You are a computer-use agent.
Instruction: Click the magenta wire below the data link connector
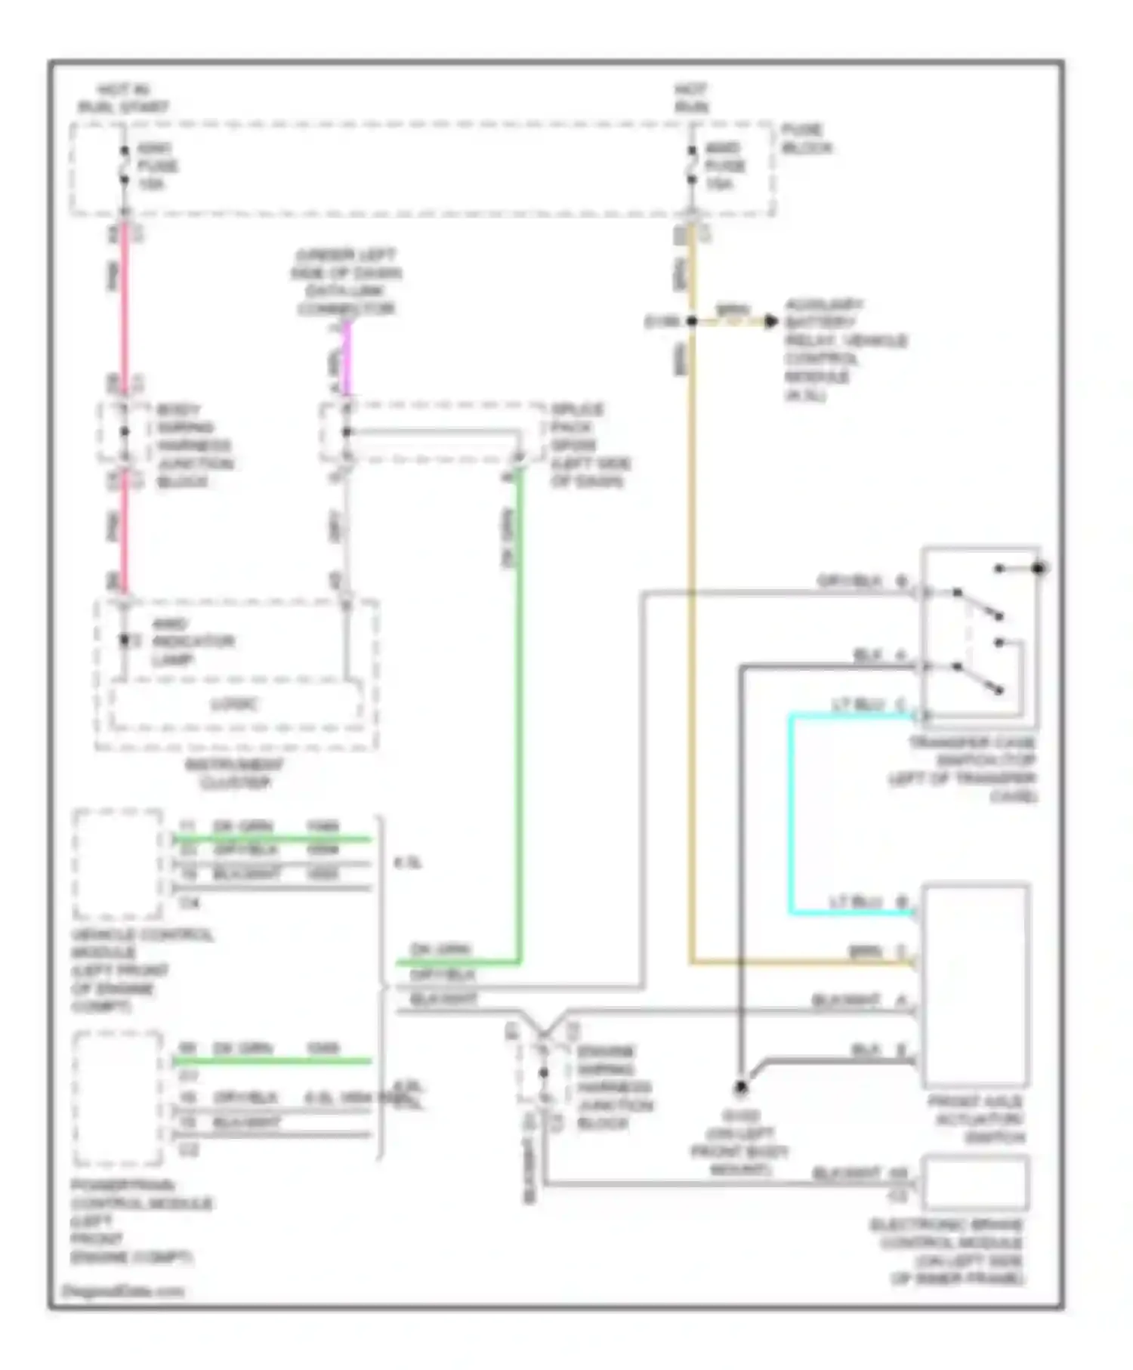click(347, 359)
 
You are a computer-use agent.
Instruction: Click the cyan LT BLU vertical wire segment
click(791, 816)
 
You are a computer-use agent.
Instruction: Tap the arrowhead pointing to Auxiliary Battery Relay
click(770, 322)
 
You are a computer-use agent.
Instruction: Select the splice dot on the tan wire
click(691, 322)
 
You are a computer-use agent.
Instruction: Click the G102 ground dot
click(741, 1088)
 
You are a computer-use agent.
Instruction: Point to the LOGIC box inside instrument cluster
click(235, 705)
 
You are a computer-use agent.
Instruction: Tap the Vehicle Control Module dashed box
click(118, 863)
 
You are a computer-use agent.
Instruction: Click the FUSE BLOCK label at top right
click(806, 139)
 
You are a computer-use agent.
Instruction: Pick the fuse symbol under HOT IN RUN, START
click(125, 166)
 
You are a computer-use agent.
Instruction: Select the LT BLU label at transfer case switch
click(858, 705)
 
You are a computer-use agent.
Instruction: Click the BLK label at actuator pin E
click(865, 1051)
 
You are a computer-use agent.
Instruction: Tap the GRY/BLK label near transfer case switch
click(849, 581)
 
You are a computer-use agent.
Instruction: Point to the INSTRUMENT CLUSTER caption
click(235, 773)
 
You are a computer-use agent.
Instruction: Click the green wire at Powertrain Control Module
click(272, 1061)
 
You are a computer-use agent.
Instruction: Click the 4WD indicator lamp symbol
click(125, 641)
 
